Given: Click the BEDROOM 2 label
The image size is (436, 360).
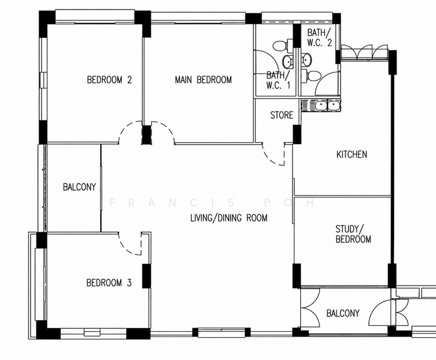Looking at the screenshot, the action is coord(109,80).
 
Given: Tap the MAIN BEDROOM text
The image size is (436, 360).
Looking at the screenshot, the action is coord(203,80).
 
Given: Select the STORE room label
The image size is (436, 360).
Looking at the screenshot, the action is coord(282,115).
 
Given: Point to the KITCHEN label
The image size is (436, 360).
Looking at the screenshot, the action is coord(352,154).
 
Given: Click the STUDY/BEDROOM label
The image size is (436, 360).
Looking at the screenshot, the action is coord(353,234).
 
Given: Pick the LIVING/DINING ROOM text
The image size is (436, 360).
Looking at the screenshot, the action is coord(229,218).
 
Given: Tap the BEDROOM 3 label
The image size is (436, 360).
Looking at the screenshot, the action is coord(109,283).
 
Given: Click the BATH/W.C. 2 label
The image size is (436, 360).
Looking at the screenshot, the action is coord(319,37).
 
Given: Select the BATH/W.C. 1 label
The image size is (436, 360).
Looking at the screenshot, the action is coord(278,80).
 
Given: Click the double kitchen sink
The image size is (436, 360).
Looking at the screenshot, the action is coord(321,106).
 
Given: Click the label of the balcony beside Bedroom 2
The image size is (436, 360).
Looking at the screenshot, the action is coord(79,187).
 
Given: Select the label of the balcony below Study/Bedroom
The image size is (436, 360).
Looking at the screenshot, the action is coord(343,313).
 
